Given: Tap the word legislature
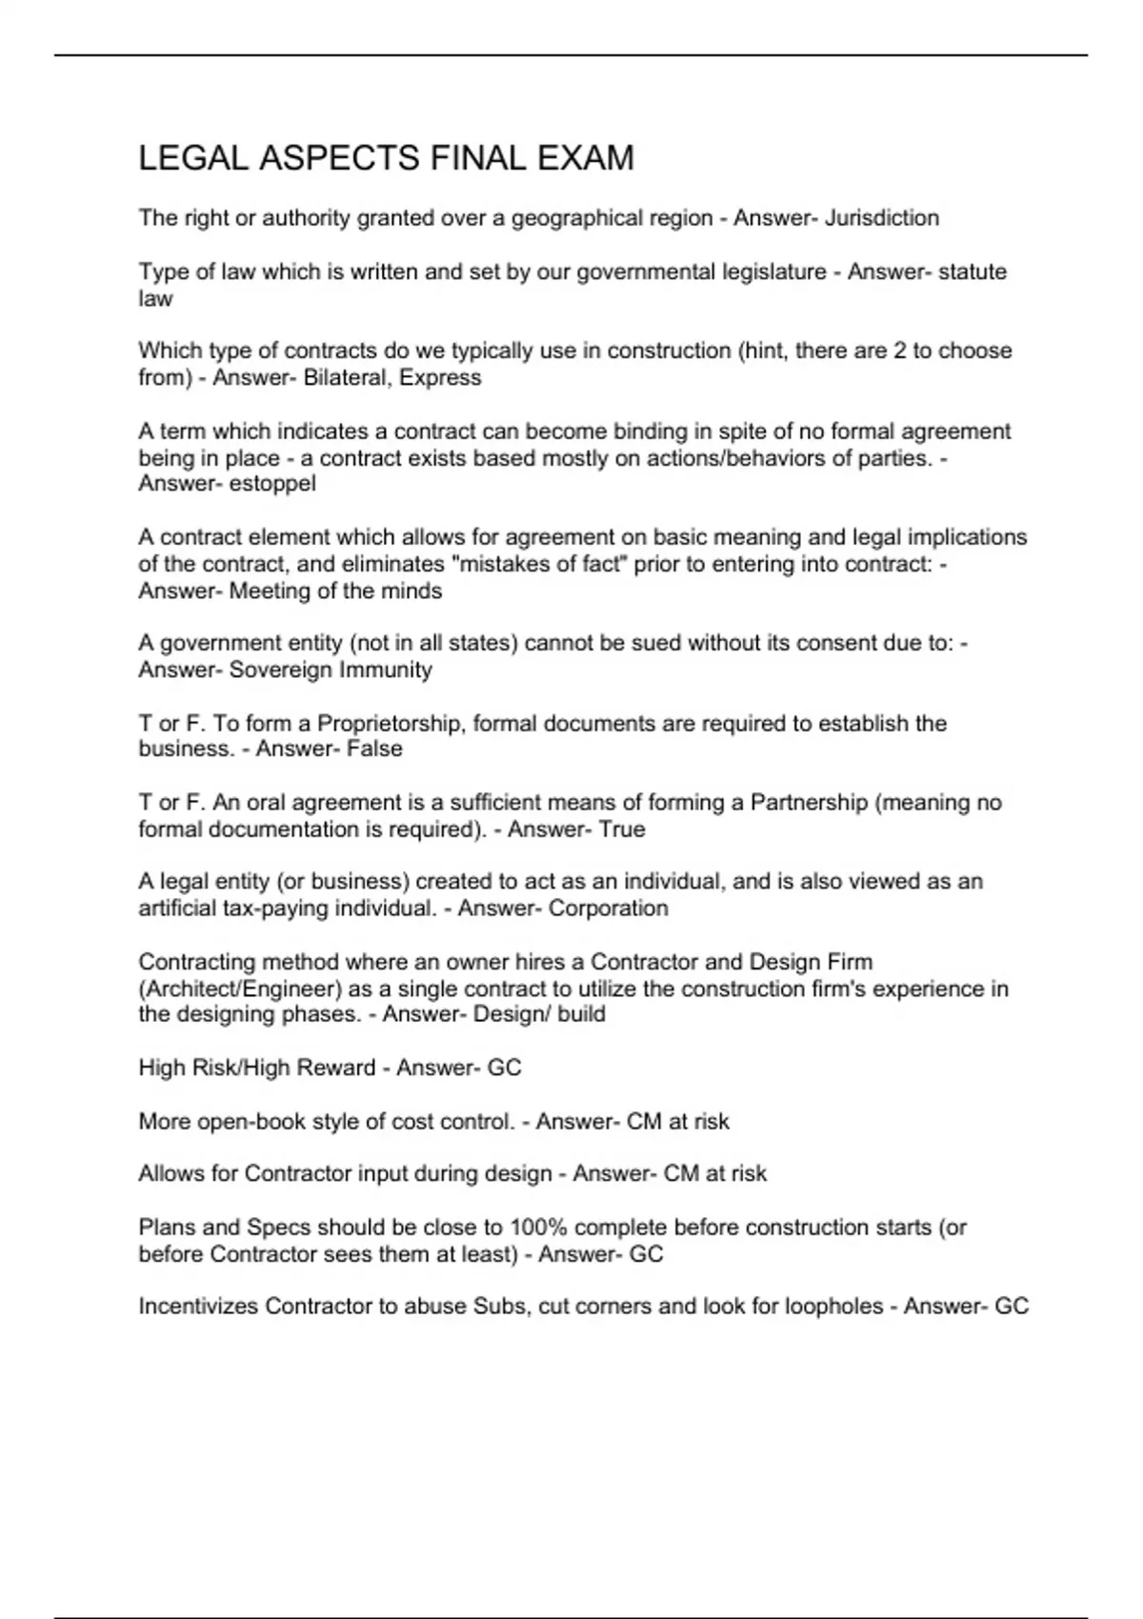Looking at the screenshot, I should pyautogui.click(x=767, y=271).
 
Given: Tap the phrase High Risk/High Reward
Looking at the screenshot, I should pyautogui.click(x=256, y=1068).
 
